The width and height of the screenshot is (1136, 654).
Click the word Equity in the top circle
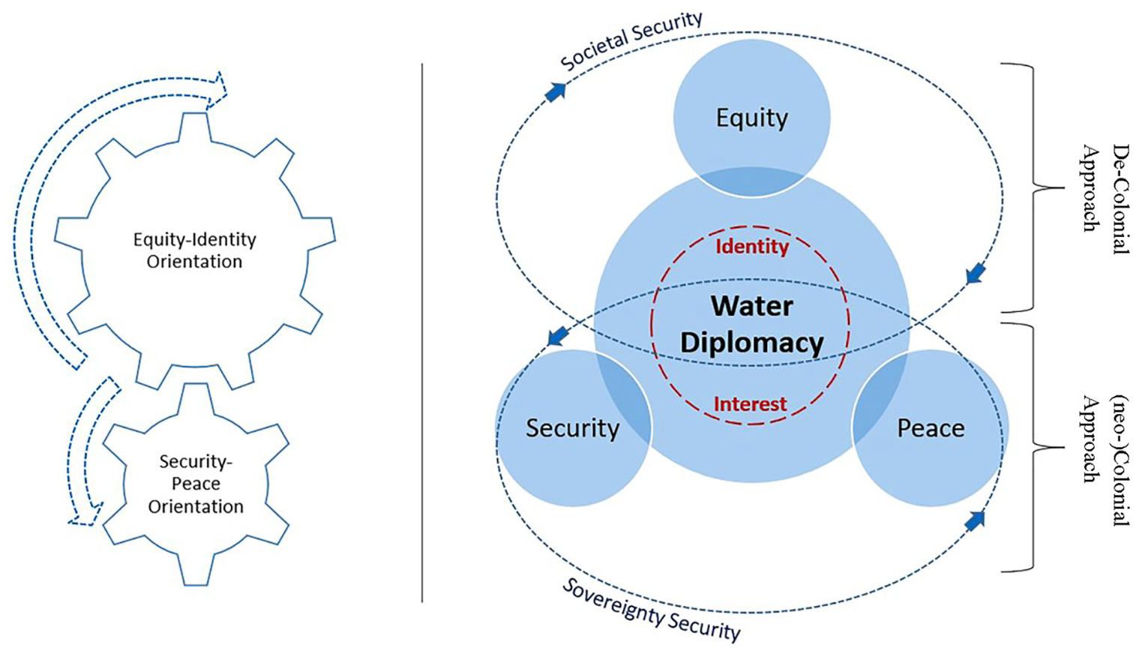pyautogui.click(x=751, y=118)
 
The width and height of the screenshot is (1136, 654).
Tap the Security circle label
pyautogui.click(x=573, y=428)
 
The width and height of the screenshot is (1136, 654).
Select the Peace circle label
pyautogui.click(x=931, y=428)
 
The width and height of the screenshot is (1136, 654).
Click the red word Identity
pyautogui.click(x=752, y=247)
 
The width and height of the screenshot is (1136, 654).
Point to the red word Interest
pyautogui.click(x=751, y=403)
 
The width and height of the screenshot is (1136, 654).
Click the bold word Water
pyautogui.click(x=752, y=307)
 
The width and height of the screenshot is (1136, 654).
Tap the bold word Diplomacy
pyautogui.click(x=752, y=343)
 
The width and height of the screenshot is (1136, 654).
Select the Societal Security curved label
pyautogui.click(x=631, y=40)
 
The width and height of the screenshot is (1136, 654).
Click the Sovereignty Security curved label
pyautogui.click(x=651, y=610)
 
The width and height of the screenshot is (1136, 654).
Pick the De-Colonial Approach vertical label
pyautogui.click(x=1105, y=188)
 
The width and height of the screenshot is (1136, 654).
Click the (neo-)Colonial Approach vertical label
pyautogui.click(x=1105, y=448)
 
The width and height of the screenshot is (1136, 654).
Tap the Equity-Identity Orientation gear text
pyautogui.click(x=195, y=250)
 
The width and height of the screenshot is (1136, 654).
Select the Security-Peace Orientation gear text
pyautogui.click(x=196, y=484)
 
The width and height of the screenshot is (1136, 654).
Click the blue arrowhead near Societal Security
pyautogui.click(x=556, y=91)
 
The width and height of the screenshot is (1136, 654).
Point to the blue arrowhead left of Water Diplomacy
pyautogui.click(x=557, y=337)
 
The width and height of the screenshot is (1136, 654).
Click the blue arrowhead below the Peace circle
pyautogui.click(x=974, y=521)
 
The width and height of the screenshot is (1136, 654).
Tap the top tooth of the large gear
pyautogui.click(x=193, y=125)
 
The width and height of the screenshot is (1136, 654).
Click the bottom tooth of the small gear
pyautogui.click(x=195, y=571)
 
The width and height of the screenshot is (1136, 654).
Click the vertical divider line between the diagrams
pyautogui.click(x=422, y=333)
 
